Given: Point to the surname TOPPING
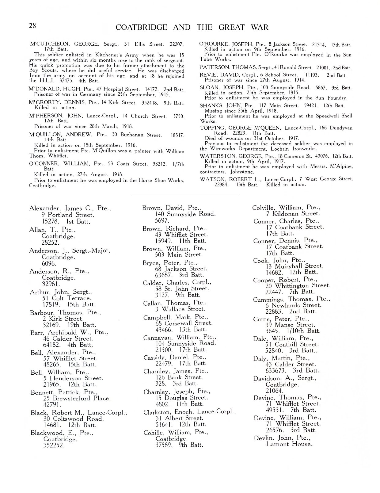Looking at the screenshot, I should click(x=213, y=128).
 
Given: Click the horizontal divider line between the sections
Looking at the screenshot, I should click(x=185, y=195).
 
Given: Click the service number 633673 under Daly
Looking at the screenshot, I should click(x=275, y=370).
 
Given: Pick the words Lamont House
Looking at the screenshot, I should click(x=289, y=444).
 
